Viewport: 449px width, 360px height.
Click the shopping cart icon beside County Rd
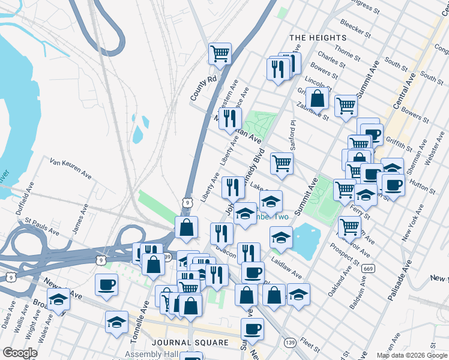pyautogui.click(x=220, y=53)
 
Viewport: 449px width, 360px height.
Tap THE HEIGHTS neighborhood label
pyautogui.click(x=311, y=38)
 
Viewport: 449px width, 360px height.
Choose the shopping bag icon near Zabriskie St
pyautogui.click(x=317, y=98)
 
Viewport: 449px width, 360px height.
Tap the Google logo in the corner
pyautogui.click(x=20, y=353)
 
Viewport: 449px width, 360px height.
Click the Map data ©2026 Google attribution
pyautogui.click(x=411, y=355)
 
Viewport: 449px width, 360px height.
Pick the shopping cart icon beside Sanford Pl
pyautogui.click(x=282, y=163)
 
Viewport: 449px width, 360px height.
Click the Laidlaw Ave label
pyautogui.click(x=286, y=268)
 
